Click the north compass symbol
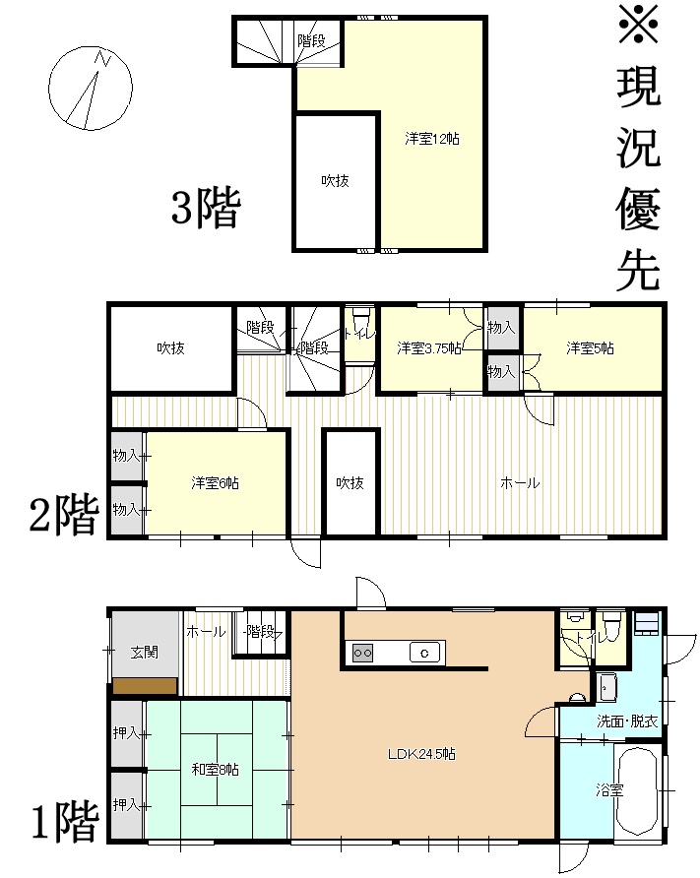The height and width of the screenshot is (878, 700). click(x=91, y=88)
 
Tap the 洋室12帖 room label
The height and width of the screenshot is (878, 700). click(x=432, y=139)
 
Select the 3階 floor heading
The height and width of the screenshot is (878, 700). click(x=206, y=207)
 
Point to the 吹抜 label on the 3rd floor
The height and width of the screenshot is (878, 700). click(x=335, y=180)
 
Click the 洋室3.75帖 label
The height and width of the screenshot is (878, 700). click(x=429, y=348)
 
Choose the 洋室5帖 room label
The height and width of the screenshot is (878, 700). click(x=590, y=348)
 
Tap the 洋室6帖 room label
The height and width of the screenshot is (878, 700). click(x=215, y=482)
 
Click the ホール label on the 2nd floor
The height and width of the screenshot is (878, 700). click(x=520, y=482)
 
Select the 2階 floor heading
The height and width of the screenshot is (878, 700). click(x=64, y=514)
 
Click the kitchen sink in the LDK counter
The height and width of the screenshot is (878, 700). click(x=424, y=653)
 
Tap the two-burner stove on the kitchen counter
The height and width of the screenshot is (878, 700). click(x=362, y=653)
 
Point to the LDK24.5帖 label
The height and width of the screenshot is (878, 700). click(x=421, y=754)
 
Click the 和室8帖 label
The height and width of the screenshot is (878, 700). click(x=215, y=770)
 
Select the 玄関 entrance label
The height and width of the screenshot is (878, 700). click(x=145, y=652)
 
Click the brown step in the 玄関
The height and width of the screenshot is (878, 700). click(x=145, y=686)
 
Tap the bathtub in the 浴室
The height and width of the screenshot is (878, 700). click(x=636, y=790)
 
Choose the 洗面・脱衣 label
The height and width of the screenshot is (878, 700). click(x=627, y=721)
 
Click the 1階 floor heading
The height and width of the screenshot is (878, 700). click(x=64, y=822)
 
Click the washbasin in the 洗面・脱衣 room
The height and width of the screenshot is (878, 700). click(x=607, y=687)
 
